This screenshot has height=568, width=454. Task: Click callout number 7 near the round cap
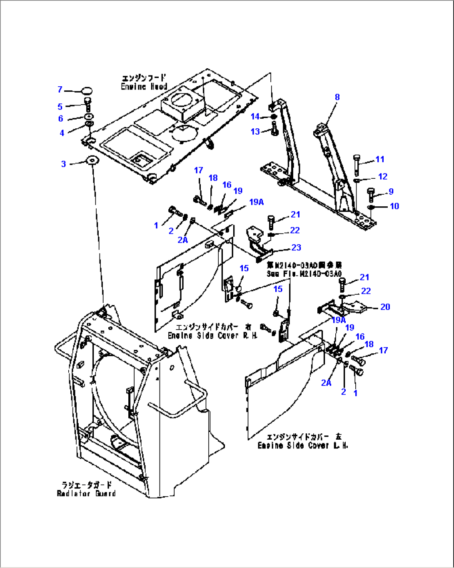60,90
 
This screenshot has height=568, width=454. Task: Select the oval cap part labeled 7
87,91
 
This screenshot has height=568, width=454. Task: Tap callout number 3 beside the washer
63,164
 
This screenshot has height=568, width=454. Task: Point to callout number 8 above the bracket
337,97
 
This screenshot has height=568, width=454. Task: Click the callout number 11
380,159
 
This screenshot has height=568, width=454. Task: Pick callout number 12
382,177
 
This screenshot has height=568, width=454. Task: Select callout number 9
391,192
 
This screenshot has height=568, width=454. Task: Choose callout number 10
394,206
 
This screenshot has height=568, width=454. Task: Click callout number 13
255,132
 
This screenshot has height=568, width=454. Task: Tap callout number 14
255,117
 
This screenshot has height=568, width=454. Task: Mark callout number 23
296,248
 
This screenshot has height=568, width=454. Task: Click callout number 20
385,307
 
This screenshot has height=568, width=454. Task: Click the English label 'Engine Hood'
144,87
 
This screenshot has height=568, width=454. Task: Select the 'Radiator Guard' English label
86,493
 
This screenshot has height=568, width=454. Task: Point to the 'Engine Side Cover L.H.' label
303,445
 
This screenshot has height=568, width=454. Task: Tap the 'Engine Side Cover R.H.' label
212,335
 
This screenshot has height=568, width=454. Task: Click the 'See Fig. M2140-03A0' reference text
304,274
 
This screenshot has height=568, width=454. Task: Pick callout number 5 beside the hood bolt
60,107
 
